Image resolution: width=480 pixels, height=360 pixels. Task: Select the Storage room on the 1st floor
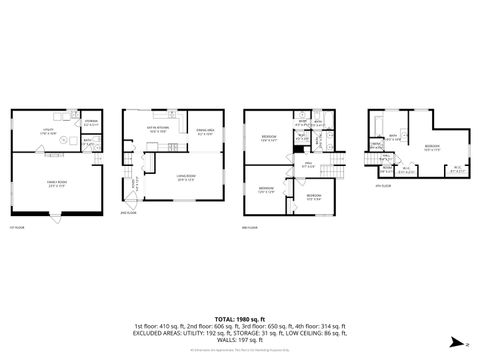(91, 122)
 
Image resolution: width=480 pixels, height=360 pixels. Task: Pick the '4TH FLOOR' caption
(381, 186)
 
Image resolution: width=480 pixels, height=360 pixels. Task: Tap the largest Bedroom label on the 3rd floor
(269, 137)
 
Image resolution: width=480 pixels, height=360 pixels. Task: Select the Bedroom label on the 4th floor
(432, 146)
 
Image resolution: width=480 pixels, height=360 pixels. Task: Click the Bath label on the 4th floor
(394, 137)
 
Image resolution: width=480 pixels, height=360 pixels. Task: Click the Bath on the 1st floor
(89, 141)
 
